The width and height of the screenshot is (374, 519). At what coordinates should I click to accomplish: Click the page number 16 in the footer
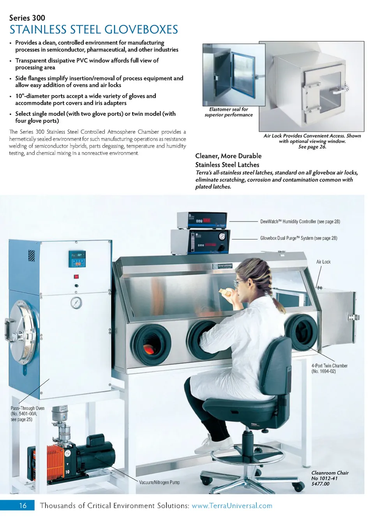coord(23,505)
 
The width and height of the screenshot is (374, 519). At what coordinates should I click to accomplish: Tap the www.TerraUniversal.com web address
coord(232,505)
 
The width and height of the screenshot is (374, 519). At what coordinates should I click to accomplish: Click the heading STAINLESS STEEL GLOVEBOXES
coord(93,30)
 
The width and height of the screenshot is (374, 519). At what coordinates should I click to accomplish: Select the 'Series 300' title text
coord(27,18)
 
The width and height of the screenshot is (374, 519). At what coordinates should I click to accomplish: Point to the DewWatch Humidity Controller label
coord(300,222)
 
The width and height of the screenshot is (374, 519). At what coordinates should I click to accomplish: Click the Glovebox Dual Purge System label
coord(298,238)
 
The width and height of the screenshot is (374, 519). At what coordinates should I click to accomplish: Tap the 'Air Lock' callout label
coord(323,262)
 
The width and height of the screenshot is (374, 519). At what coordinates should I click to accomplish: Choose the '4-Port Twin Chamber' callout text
coord(329,365)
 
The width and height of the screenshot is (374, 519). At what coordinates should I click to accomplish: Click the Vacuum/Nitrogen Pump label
coord(159,482)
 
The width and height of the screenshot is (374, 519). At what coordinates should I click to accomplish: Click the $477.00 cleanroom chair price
coord(320,484)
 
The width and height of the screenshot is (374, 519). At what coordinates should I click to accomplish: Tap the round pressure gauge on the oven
coord(76,302)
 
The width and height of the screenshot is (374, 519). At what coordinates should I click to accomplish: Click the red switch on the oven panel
coord(76,276)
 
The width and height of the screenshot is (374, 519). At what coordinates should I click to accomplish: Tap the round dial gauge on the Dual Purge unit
coord(222,236)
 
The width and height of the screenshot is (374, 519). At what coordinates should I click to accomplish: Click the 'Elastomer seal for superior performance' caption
coord(228,112)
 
